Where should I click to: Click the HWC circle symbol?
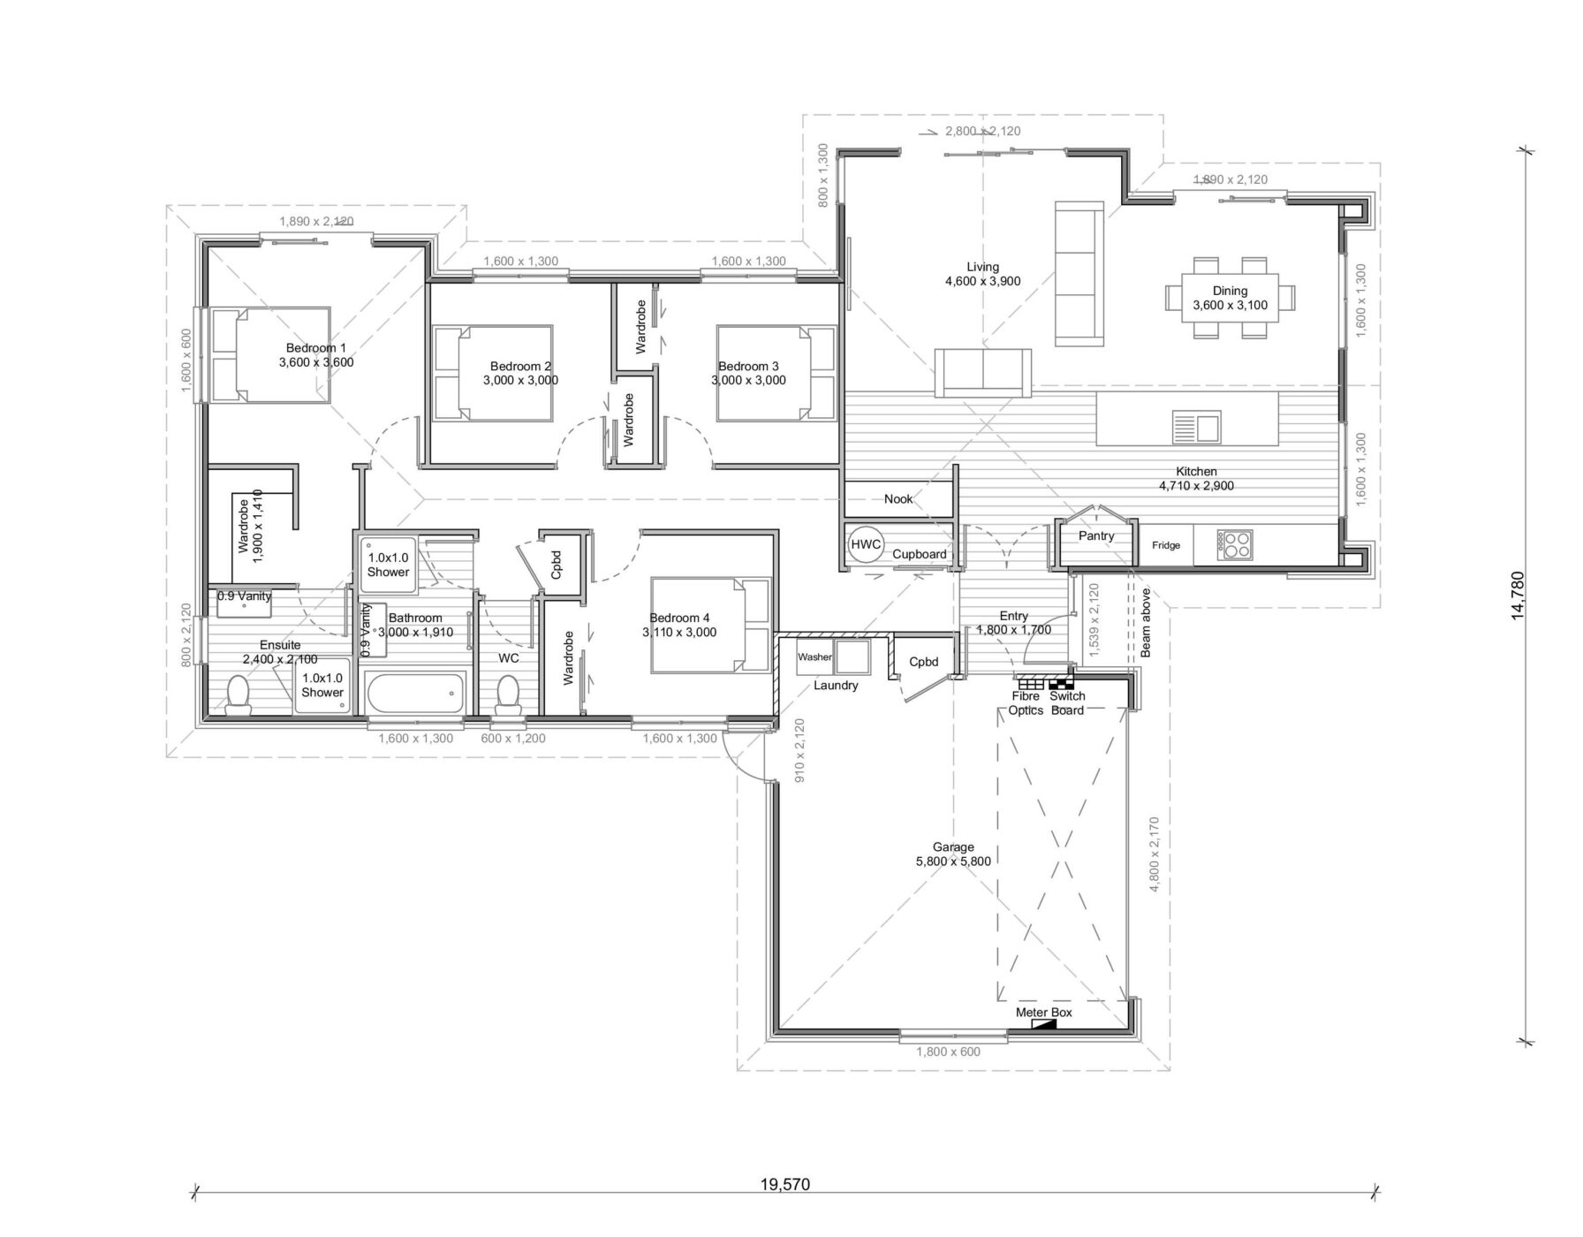(x=865, y=544)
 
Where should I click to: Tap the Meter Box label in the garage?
(x=1043, y=1013)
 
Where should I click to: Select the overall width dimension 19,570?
(x=784, y=1185)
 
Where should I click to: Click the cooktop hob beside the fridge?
(x=1234, y=544)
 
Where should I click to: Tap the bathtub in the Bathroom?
(x=415, y=692)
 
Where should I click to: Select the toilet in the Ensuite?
(x=239, y=694)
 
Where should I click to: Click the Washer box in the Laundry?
(x=814, y=657)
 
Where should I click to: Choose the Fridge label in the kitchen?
(x=1165, y=545)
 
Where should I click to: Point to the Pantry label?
(x=1096, y=535)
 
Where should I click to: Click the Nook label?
(x=898, y=499)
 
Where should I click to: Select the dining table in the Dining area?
(x=1230, y=298)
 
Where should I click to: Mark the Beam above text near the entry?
(x=1146, y=622)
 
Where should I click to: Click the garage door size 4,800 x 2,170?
(x=1153, y=854)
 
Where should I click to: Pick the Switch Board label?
(x=1066, y=703)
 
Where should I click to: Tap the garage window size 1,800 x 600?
(x=948, y=1051)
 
